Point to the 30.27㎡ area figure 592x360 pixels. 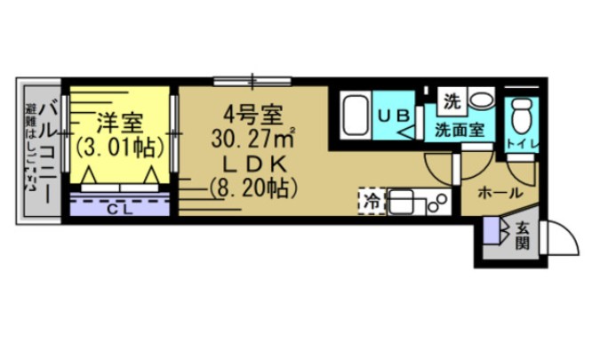tap(253, 140)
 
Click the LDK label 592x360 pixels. tap(253, 164)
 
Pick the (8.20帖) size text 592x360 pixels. tap(253, 188)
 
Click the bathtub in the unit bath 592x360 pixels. tap(356, 116)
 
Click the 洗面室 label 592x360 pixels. tap(459, 130)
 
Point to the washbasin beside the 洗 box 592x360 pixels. tap(482, 100)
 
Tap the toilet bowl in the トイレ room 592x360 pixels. tap(522, 113)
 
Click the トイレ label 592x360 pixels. tap(521, 143)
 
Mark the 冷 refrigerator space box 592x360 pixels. tap(371, 201)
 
